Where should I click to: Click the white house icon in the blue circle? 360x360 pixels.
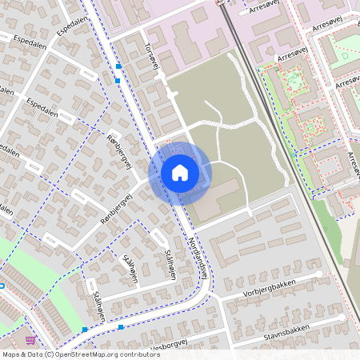tap(179, 172)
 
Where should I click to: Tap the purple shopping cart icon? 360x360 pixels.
tap(30, 340)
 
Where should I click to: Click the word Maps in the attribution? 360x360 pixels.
tap(11, 354)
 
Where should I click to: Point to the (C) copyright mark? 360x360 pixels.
tap(50, 354)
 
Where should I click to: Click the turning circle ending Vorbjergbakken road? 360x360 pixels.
tap(319, 274)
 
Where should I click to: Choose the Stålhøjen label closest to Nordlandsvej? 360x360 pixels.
tap(170, 265)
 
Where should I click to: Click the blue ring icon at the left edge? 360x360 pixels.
tap(2, 286)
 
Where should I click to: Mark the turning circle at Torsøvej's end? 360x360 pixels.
tap(173, 94)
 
